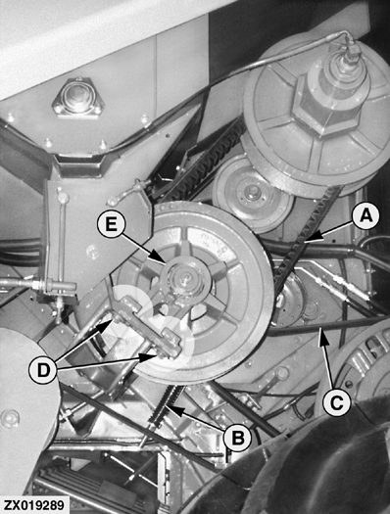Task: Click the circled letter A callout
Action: (366, 216)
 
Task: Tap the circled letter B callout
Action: (238, 438)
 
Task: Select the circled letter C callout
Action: (336, 402)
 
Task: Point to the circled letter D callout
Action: (43, 370)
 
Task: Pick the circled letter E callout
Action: (111, 225)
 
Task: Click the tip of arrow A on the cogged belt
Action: (305, 242)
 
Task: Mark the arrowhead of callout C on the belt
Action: (321, 331)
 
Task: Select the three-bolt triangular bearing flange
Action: (77, 97)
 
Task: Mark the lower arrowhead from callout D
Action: (154, 356)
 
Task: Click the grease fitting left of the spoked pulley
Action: (112, 199)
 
